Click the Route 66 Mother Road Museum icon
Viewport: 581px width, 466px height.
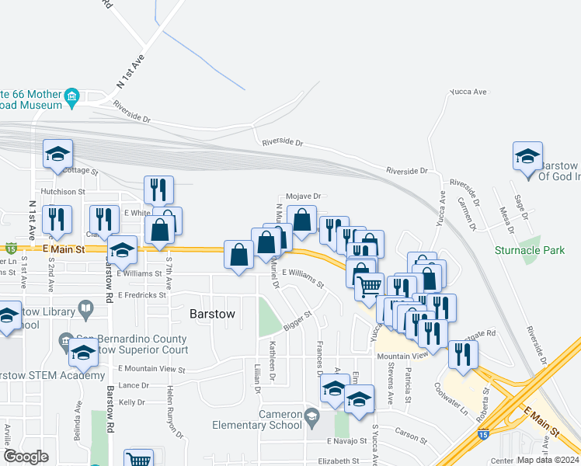72,98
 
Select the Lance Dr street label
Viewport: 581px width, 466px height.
134,385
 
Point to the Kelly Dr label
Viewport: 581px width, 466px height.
131,402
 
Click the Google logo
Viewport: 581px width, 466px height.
26,457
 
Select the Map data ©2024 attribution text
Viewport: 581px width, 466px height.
548,460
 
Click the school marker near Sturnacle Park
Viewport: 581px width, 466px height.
527,156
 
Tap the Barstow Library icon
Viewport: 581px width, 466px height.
85,310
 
